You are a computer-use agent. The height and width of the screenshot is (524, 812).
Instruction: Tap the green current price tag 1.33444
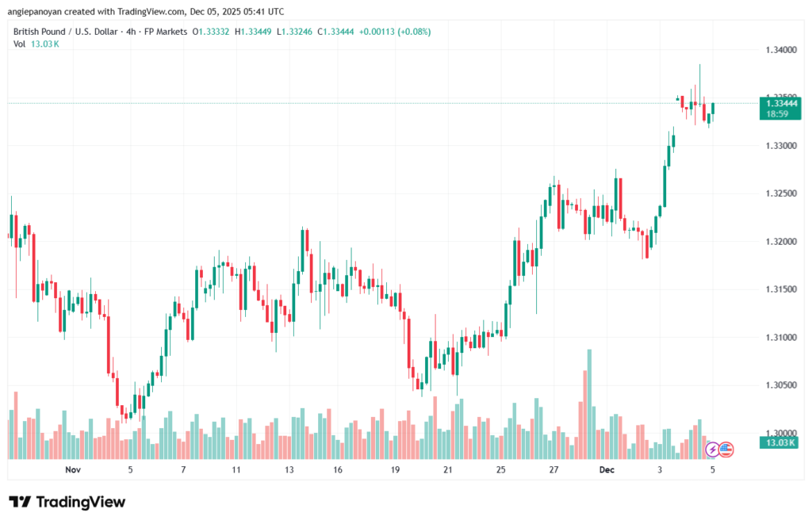tap(779, 103)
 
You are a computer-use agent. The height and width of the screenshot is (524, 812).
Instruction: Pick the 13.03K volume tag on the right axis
tap(779, 442)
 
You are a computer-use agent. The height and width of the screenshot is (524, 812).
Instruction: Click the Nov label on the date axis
tap(73, 470)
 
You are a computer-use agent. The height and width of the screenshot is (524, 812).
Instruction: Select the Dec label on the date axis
tap(607, 470)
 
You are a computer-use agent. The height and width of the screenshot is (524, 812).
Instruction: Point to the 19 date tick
tap(395, 470)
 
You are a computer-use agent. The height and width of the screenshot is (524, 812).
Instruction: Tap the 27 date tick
tap(553, 470)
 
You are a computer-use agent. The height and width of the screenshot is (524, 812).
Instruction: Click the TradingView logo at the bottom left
tap(67, 502)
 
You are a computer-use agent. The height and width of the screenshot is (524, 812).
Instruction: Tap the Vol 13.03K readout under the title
tap(36, 44)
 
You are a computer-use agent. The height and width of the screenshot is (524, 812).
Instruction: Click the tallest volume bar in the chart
tap(589, 404)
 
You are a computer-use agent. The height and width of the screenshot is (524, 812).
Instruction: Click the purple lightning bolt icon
tap(712, 449)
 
